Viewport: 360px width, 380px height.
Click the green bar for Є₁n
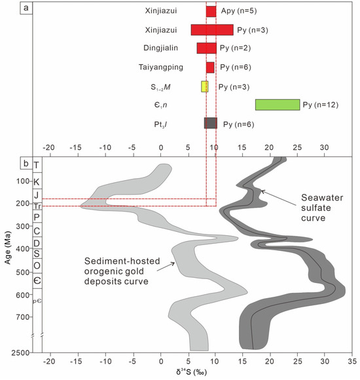coord(277,104)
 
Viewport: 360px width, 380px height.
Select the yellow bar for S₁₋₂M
coord(204,86)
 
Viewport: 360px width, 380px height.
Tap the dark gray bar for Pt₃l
coord(210,123)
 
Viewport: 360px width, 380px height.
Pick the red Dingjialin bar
coord(206,48)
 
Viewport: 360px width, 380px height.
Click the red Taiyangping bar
coord(210,67)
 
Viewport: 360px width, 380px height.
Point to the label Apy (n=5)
coord(238,11)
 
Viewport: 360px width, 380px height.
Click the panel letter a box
coord(24,9)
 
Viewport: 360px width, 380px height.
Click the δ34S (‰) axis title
coord(196,373)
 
